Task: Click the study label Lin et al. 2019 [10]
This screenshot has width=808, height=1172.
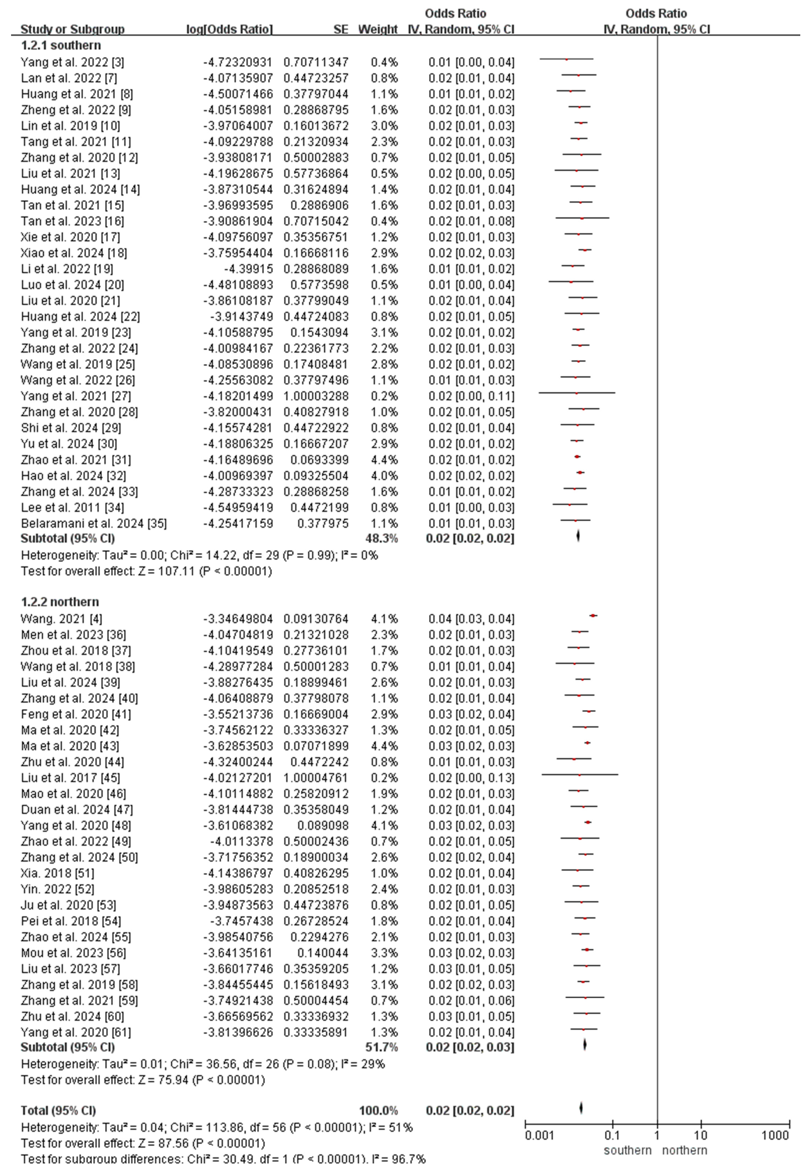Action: pos(70,125)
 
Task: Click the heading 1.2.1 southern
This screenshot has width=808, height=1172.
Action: pos(61,45)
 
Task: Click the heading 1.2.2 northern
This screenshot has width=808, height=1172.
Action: pos(60,602)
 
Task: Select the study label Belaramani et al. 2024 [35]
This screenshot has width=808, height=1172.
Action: pos(94,523)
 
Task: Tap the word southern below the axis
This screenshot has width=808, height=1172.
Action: pos(627,1150)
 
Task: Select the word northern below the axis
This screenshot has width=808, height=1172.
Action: pos(684,1150)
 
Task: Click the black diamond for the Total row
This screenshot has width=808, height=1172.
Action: pos(581,1108)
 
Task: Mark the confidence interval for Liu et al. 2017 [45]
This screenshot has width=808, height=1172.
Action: pos(471,778)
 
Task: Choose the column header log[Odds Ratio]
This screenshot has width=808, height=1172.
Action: pos(229,29)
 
